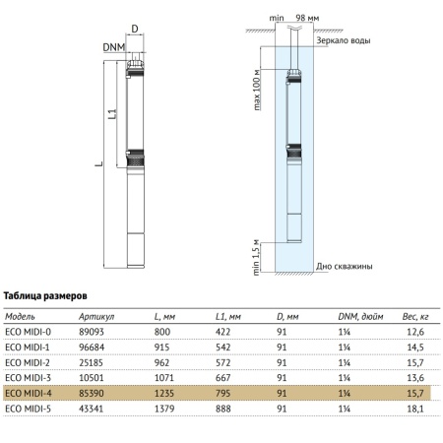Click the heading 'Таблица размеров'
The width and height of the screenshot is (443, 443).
(45, 296)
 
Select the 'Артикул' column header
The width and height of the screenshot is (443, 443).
(96, 317)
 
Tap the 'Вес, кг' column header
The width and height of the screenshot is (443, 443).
(415, 317)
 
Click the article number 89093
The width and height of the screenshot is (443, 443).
(92, 332)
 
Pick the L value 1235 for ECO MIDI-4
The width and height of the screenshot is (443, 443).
(164, 393)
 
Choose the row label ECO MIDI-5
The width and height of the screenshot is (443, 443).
(29, 409)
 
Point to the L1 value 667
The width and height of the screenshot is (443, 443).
(222, 378)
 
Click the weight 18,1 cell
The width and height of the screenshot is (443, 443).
(415, 409)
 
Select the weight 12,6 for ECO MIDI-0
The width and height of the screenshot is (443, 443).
(415, 332)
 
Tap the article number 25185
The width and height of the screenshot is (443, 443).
(91, 362)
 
